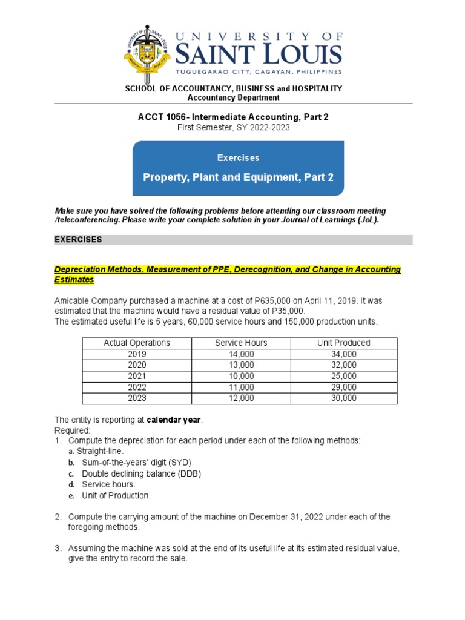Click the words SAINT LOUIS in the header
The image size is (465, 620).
(259, 56)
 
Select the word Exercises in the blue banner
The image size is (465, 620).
(238, 157)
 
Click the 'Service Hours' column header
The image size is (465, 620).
(241, 343)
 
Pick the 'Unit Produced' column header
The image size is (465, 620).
(343, 343)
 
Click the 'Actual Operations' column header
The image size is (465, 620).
(137, 343)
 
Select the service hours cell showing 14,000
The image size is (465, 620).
(241, 354)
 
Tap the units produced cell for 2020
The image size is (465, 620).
(343, 364)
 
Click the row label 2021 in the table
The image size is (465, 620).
(137, 376)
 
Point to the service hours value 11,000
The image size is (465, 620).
(241, 387)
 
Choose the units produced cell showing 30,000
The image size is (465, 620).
(343, 398)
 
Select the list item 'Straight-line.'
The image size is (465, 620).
(103, 452)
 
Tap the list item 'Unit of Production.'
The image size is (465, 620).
(116, 495)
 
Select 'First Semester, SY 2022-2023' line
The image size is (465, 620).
(233, 128)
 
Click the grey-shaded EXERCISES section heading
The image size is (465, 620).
(79, 240)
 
